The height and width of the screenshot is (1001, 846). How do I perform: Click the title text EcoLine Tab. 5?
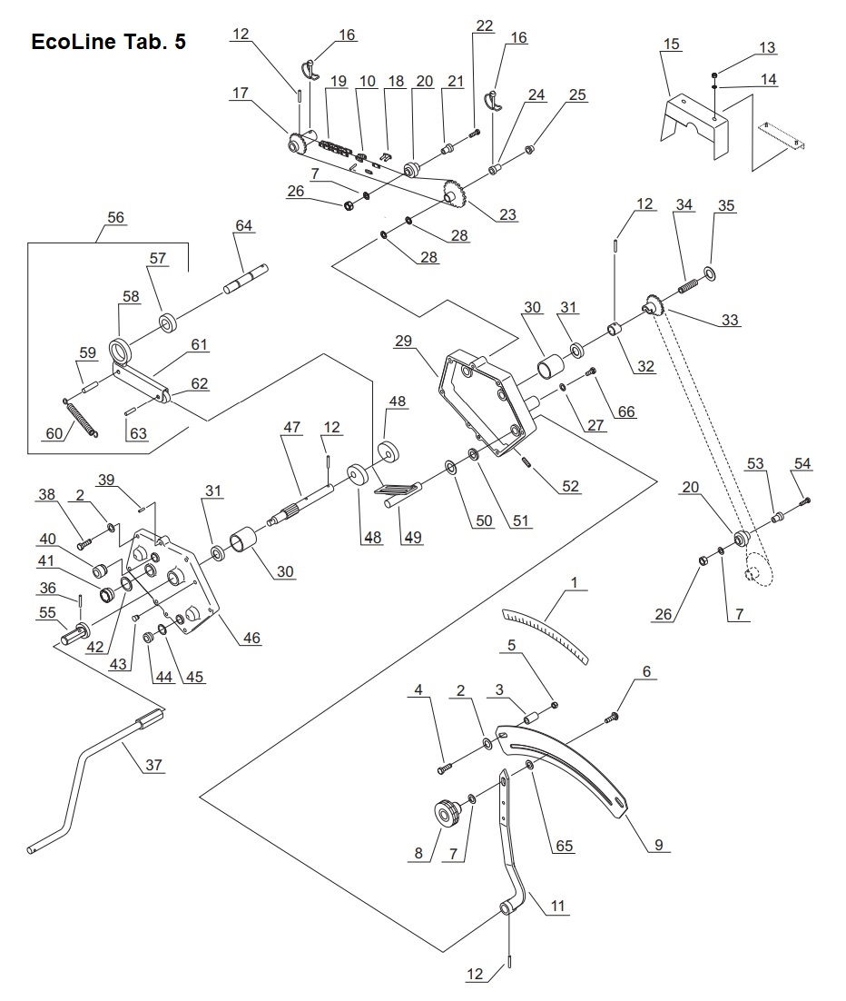click(109, 42)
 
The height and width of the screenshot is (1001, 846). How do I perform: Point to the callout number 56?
click(116, 218)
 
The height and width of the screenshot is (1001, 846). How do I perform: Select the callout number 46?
click(251, 639)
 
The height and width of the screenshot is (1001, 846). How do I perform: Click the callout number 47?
click(291, 426)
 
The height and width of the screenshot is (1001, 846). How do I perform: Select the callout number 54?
click(802, 464)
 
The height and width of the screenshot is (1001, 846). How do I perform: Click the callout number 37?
click(154, 765)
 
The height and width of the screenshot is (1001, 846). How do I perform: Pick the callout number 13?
click(767, 47)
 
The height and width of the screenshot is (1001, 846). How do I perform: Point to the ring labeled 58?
click(121, 350)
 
